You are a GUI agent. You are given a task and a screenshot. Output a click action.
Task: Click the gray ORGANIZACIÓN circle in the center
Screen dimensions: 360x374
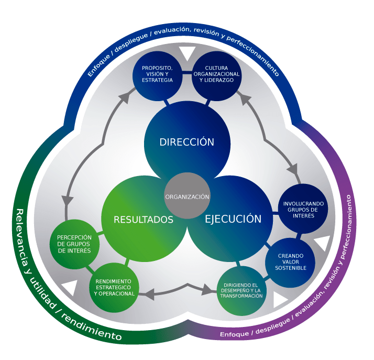point(187,197)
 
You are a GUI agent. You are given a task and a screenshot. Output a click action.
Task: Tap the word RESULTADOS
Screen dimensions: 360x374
point(144,220)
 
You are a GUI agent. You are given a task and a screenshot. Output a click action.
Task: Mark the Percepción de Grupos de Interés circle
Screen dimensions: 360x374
point(74,244)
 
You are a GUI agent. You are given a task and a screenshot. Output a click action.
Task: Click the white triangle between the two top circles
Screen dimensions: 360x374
point(188,53)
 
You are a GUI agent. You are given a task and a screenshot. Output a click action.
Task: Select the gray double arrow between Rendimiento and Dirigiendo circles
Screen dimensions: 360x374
point(178,290)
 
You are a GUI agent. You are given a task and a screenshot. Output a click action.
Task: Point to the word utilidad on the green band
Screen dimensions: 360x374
point(47,298)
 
